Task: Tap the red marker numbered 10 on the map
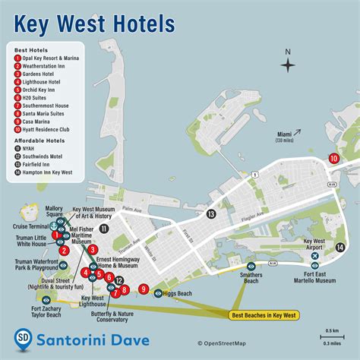(x=333, y=158)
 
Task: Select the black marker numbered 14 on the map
(x=341, y=246)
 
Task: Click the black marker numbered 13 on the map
(x=210, y=215)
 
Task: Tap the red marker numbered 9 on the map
(x=144, y=289)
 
